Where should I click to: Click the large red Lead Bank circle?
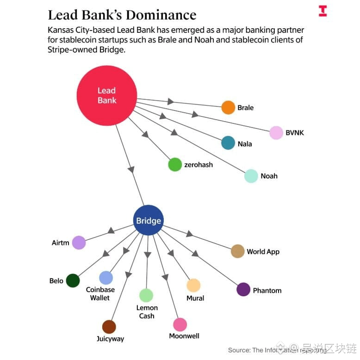[x=106, y=95]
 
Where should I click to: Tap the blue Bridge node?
[x=149, y=220]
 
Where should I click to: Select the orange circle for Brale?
[x=228, y=107]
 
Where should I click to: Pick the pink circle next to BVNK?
[x=276, y=133]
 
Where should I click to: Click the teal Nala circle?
[x=228, y=143]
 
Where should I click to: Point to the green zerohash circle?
[x=175, y=165]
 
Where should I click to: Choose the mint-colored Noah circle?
[x=251, y=176]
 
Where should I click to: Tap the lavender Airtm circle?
[x=79, y=243]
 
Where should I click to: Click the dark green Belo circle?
[x=73, y=281]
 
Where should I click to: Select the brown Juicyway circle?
[x=109, y=327]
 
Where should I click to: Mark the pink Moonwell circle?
[x=180, y=324]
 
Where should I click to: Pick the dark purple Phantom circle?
[x=243, y=290]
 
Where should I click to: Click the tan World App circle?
[x=237, y=251]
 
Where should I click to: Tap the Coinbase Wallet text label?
[x=100, y=294]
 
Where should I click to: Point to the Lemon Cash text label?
[x=147, y=312]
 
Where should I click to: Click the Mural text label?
[x=195, y=299]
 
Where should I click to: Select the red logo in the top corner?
[x=323, y=11]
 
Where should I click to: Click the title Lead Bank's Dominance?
[x=122, y=15]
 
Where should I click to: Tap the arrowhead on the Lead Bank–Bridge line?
[x=131, y=169]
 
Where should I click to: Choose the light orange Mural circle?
[x=193, y=285]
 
